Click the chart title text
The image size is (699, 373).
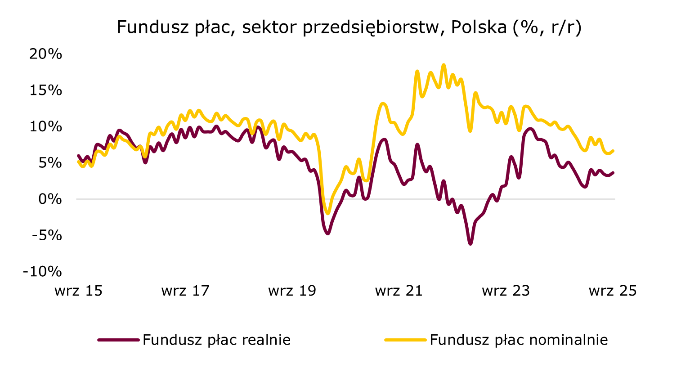pos(349,27)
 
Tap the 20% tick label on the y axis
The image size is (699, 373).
pos(45,54)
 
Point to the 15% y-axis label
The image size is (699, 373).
pos(45,90)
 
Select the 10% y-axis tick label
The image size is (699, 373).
pos(45,127)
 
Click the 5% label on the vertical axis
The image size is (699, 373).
pos(49,163)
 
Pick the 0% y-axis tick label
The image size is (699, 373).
pos(49,199)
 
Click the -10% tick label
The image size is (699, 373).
pos(42,271)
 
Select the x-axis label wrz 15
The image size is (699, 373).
pos(78,291)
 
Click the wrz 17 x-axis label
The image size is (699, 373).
pos(185,291)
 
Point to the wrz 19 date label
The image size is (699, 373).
pos(292,291)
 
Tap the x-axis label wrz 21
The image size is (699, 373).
pos(399,291)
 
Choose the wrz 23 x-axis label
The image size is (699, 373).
pos(506,291)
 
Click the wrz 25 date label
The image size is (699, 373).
pos(613,291)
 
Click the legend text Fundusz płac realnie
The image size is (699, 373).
pos(216,340)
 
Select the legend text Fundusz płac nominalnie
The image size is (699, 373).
pos(519,340)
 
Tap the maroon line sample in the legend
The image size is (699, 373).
pos(118,340)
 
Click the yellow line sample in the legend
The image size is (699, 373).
pos(405,340)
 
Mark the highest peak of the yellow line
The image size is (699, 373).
pos(444,65)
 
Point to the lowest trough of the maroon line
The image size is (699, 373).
pos(470,244)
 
